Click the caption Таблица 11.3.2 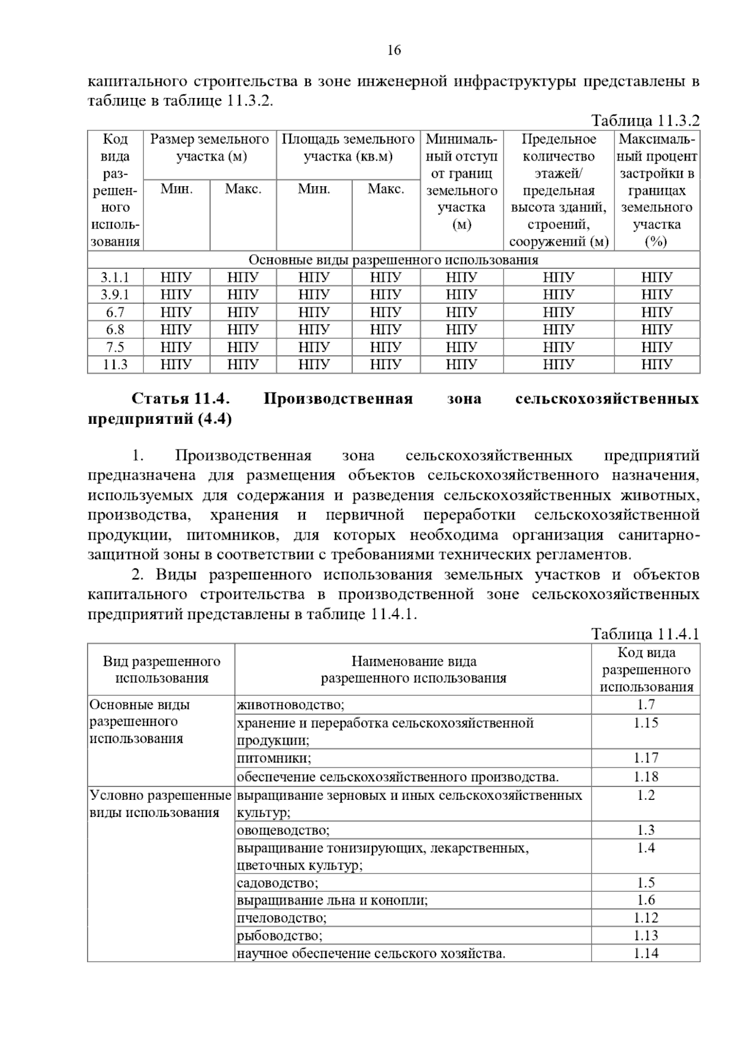(x=644, y=120)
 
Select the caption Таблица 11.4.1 (x=644, y=634)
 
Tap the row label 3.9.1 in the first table (x=115, y=295)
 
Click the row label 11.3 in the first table (x=115, y=364)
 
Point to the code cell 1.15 (x=646, y=723)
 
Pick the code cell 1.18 (x=646, y=777)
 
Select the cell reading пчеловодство (x=282, y=918)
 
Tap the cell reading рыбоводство (x=279, y=936)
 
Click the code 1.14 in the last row (x=646, y=954)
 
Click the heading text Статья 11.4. (x=181, y=399)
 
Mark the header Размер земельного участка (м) (x=210, y=148)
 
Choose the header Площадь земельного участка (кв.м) (x=348, y=148)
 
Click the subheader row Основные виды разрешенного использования (x=393, y=260)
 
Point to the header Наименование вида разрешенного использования (x=413, y=669)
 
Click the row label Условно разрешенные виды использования (x=160, y=804)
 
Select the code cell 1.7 (x=646, y=706)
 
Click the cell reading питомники (x=274, y=759)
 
